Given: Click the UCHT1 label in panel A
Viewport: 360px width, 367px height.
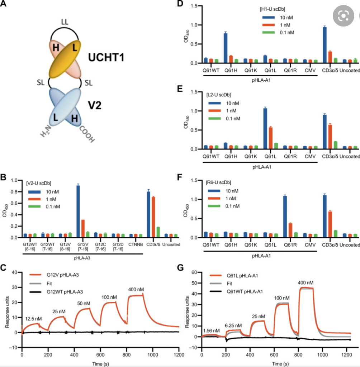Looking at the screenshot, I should (107, 57).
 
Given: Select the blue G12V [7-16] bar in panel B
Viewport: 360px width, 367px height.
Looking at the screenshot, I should (78, 211).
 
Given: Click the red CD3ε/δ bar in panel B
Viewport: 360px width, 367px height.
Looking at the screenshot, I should (153, 217).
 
